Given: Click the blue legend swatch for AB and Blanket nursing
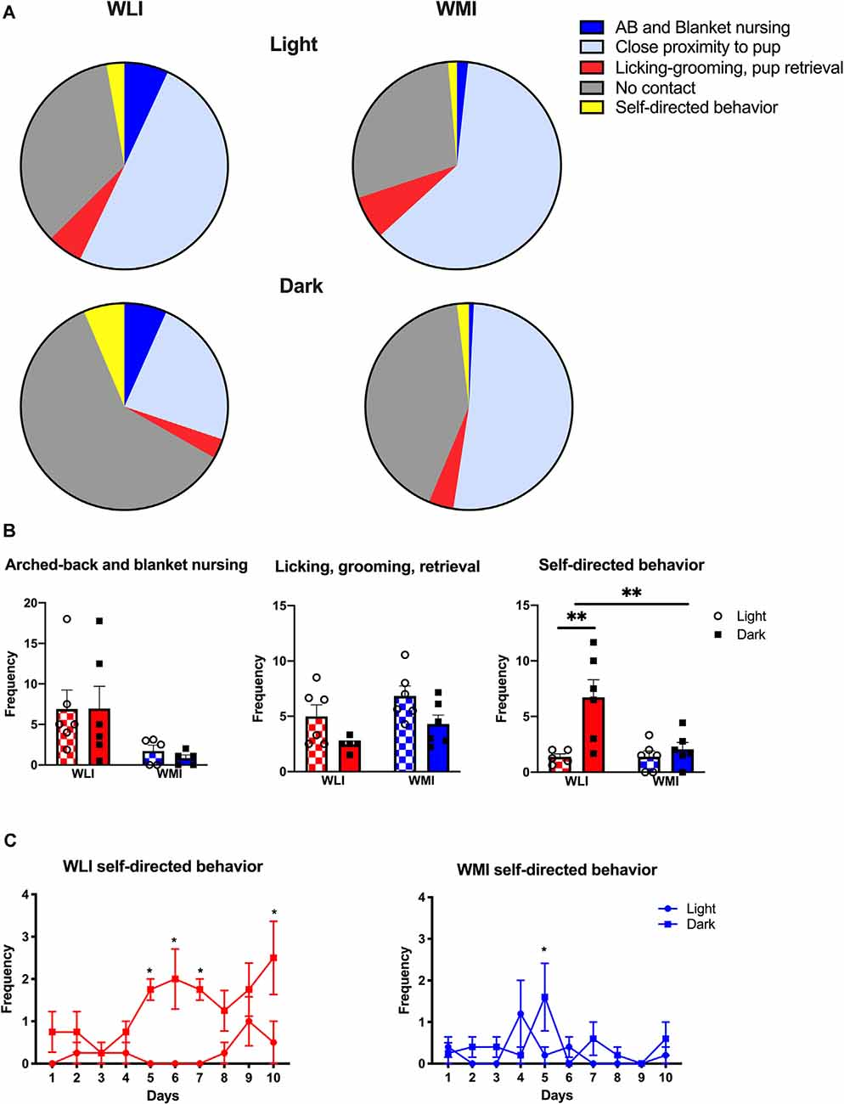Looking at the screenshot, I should pos(592,28).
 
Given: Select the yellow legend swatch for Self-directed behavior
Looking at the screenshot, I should pos(592,107).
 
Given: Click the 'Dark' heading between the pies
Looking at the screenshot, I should pos(301,286).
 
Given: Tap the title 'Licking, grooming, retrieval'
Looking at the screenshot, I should pos(377,566).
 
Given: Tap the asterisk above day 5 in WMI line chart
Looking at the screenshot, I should pos(544,950).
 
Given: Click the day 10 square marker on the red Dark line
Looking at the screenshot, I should pos(274,958).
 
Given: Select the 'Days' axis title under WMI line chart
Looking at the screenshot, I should pos(556,1095).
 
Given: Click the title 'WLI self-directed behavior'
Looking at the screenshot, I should pos(162,866).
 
